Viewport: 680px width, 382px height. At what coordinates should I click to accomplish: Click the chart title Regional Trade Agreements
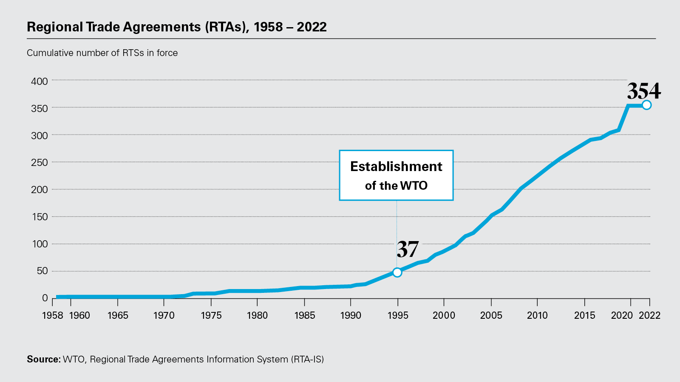coord(176,27)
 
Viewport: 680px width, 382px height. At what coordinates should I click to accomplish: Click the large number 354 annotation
coord(644,91)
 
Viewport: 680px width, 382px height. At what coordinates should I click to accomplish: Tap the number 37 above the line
coord(408,249)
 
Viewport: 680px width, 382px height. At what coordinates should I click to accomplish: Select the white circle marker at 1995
coord(397,272)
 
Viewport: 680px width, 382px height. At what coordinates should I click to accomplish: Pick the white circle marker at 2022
coord(646,105)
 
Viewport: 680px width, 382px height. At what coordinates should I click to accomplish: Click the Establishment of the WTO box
coord(396,175)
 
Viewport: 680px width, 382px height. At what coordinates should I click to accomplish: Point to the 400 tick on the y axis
coord(40,81)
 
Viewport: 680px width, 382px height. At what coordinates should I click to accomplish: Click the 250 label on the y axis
coord(40,163)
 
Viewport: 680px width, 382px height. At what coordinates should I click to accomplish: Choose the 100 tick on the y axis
coord(40,244)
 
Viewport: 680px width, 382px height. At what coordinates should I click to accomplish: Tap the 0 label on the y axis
coord(45,298)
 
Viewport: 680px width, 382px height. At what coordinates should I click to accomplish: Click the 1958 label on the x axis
coord(53,315)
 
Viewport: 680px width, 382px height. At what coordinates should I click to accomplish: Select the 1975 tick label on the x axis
coord(211,315)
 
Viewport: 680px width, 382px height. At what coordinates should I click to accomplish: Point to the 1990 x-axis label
coord(351,315)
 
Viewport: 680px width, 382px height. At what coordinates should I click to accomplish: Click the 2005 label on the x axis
coord(491,315)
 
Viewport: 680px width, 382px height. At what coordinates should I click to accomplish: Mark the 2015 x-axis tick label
coord(585,315)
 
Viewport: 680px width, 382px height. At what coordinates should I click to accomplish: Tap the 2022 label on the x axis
coord(650,315)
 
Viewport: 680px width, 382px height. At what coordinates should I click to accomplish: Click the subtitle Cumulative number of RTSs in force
coord(102,53)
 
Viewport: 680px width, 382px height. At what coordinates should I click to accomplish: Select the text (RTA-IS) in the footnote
coord(307,360)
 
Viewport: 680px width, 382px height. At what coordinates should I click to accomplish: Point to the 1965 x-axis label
coord(118,315)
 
